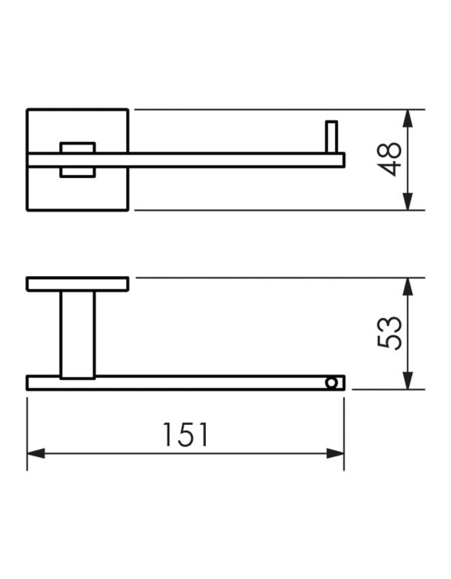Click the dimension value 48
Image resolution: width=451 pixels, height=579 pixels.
point(389,159)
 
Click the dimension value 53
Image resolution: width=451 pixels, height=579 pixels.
point(389,333)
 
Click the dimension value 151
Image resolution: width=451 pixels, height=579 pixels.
point(186,435)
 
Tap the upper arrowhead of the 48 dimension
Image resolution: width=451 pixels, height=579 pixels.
point(407,118)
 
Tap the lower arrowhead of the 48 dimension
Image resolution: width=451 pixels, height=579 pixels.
point(407,202)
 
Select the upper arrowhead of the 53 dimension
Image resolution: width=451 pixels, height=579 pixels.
point(407,286)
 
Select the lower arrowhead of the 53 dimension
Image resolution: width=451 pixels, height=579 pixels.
point(407,380)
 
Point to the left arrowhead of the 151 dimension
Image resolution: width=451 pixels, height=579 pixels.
point(36,453)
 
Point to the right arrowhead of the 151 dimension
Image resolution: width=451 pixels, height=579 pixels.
point(335,453)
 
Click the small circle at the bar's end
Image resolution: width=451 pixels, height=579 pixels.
point(331,383)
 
